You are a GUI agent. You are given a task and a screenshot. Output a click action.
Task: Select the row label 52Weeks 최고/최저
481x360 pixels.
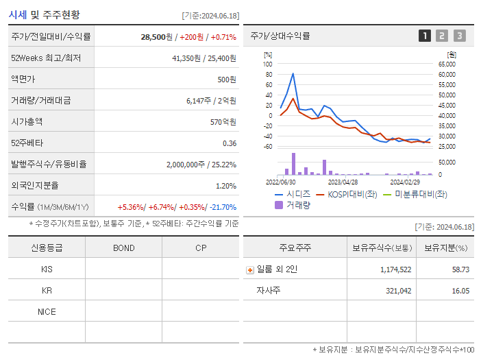point(45,58)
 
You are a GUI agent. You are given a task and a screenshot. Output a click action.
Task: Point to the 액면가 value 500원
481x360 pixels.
point(226,80)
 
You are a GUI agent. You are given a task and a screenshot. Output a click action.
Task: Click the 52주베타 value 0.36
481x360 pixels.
point(230,143)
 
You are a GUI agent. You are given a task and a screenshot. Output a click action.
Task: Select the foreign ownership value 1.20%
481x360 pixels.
point(225,186)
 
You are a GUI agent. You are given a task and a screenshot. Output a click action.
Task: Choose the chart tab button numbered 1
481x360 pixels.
point(425,36)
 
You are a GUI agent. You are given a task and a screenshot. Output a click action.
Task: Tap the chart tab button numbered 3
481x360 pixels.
point(459,36)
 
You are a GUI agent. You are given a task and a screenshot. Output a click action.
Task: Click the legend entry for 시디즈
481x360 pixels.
point(292,194)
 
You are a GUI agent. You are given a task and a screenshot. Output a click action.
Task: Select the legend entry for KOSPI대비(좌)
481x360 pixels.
point(346,194)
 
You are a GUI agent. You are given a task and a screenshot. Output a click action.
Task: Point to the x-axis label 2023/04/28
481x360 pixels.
point(343,182)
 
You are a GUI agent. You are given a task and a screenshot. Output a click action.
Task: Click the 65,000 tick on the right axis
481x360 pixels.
point(447,64)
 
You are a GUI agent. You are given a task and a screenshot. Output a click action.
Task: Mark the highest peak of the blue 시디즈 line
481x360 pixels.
point(293,73)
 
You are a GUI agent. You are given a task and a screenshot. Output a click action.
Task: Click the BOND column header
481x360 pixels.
point(123,248)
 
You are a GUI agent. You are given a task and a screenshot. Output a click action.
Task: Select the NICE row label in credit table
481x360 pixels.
point(47,311)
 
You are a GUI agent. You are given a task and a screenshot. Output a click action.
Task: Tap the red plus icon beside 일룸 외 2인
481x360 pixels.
point(250,270)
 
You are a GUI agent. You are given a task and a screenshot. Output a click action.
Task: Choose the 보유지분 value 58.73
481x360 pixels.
point(460,269)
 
